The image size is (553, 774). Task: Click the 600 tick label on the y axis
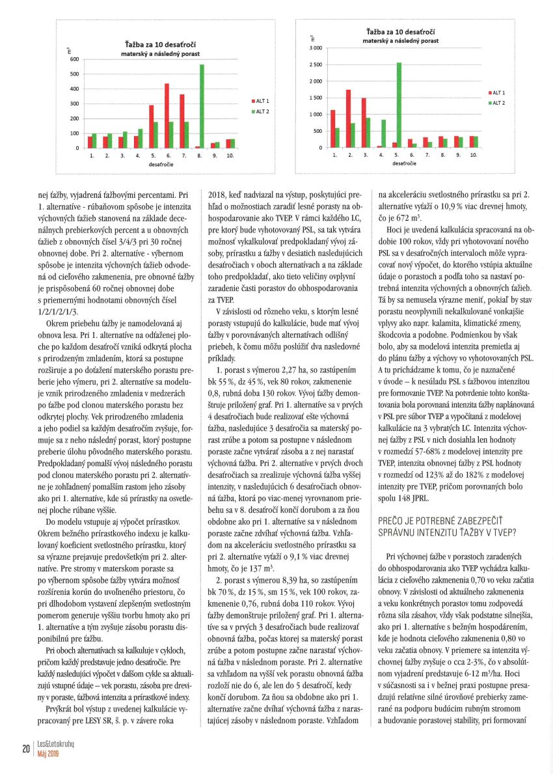tap(74, 59)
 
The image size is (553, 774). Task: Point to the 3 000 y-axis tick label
tap(316, 48)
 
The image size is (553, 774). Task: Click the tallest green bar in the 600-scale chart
tap(202, 106)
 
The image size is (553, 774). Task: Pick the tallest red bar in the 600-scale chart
tap(167, 116)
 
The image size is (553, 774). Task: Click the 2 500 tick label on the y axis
tap(316, 65)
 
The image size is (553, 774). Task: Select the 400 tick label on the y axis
tap(74, 89)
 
